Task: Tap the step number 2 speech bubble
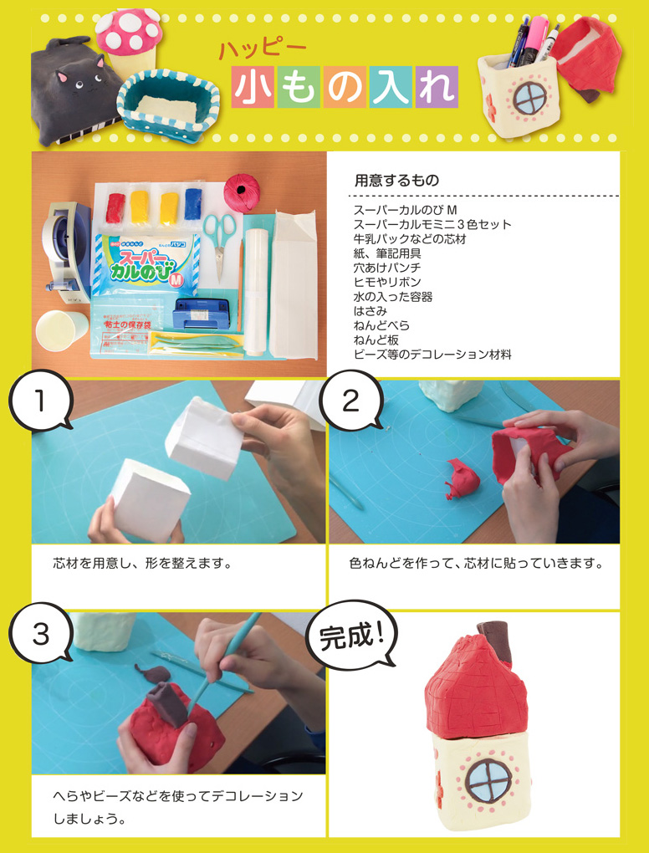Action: tap(351, 401)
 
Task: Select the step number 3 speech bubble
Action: tap(40, 633)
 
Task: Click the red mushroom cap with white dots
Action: tap(130, 32)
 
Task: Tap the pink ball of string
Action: tap(242, 192)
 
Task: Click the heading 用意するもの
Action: tap(396, 180)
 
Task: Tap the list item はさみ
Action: tap(370, 311)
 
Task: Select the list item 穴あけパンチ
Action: tap(386, 268)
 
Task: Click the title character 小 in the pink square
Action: tap(253, 87)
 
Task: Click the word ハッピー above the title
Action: tap(263, 49)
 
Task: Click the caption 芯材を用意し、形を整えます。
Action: tap(142, 563)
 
